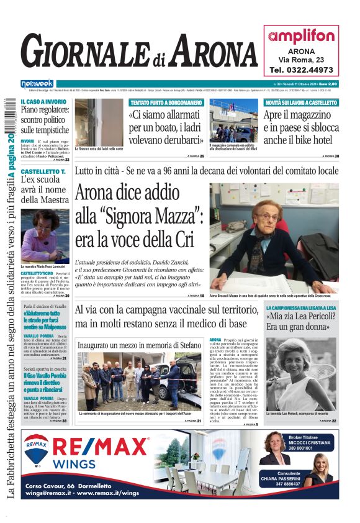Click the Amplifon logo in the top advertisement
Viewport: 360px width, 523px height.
coord(301,36)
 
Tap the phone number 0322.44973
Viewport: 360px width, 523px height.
coord(301,70)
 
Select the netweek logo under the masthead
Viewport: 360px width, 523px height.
coord(37,83)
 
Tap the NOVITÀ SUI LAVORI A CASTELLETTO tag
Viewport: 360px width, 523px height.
coord(301,102)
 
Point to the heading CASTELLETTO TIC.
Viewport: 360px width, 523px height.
coord(43,170)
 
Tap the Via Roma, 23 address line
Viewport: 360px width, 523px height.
coord(301,60)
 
